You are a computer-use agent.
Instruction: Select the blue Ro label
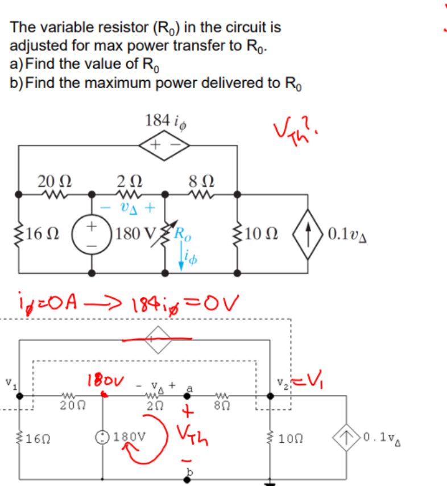click(183, 232)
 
